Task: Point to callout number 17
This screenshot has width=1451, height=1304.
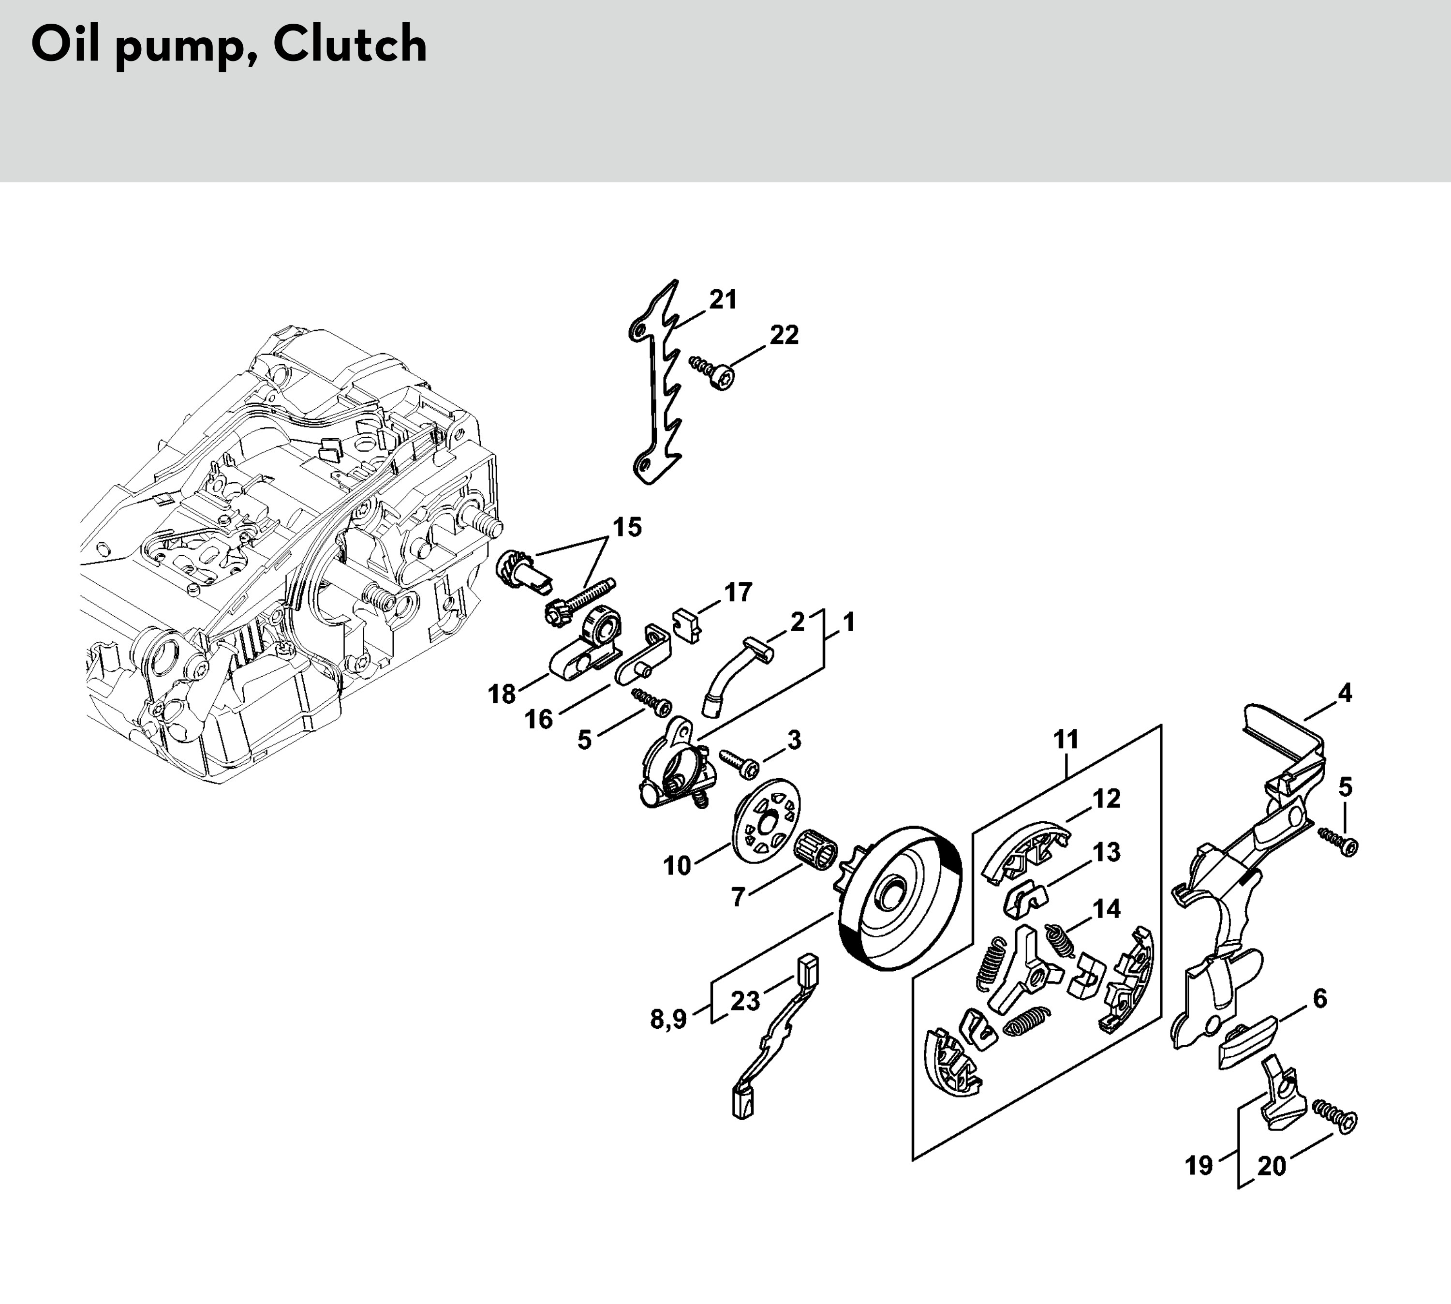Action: [x=738, y=592]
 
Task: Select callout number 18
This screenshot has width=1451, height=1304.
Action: [x=502, y=694]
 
